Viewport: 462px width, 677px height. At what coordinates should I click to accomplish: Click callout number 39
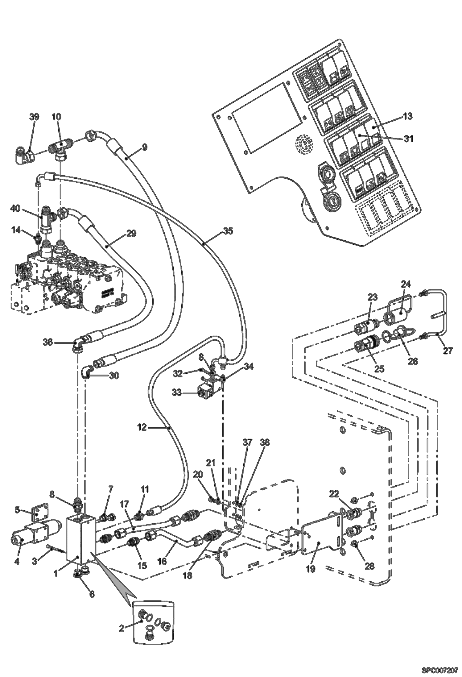(34, 117)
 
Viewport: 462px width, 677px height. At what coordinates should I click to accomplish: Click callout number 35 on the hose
(228, 231)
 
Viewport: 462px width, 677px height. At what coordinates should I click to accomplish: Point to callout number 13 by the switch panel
(408, 116)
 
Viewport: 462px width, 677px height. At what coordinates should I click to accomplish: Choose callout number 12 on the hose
(143, 428)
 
